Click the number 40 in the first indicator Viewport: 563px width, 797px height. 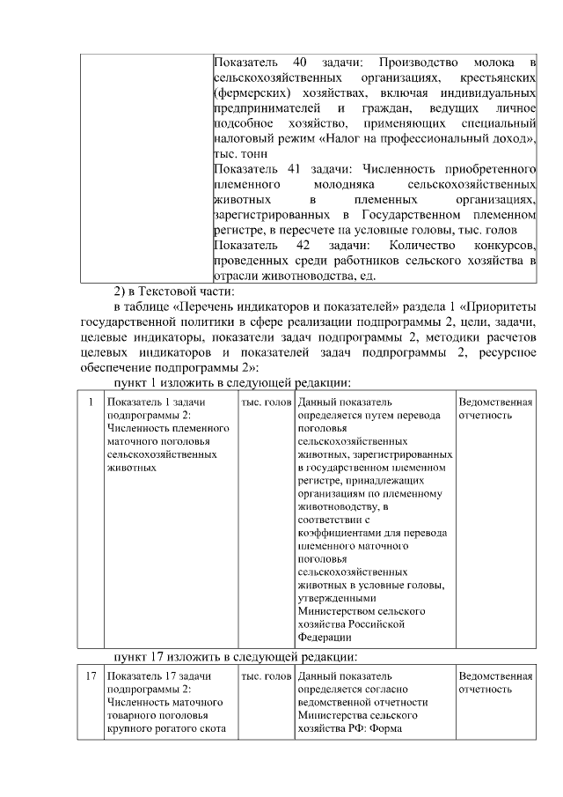pos(299,63)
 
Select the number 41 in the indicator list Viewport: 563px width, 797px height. pos(299,168)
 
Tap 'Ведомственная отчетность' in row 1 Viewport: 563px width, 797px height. pos(495,409)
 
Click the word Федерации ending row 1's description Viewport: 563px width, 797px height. pos(325,637)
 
